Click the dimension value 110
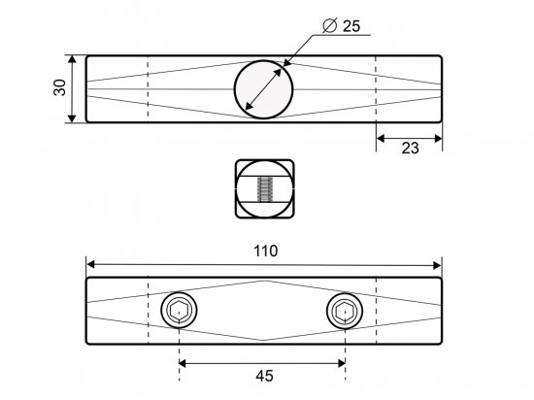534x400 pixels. [266, 250]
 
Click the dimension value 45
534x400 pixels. [264, 376]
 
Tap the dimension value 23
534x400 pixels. [410, 149]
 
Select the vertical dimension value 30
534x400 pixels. [60, 87]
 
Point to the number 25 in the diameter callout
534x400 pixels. [351, 26]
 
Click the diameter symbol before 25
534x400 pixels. [329, 25]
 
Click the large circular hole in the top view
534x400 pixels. [263, 89]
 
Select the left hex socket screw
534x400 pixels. [180, 310]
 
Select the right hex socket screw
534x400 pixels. [345, 310]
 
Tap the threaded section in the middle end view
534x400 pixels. [265, 189]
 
